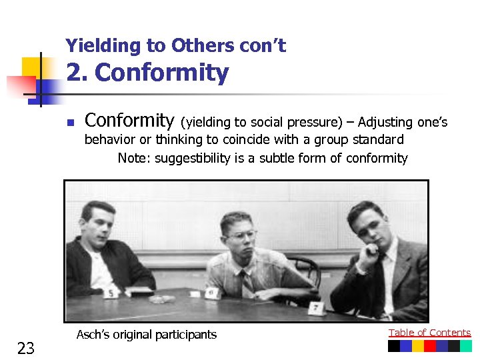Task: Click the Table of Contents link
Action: [x=429, y=333]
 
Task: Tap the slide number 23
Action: [x=26, y=348]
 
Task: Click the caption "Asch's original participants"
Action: [x=147, y=335]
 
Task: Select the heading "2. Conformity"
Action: [x=148, y=73]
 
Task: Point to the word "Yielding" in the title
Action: [x=103, y=45]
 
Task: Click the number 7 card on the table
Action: [x=315, y=308]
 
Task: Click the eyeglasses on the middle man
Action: [x=241, y=235]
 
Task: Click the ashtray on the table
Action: [x=158, y=299]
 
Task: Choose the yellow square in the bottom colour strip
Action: [x=418, y=346]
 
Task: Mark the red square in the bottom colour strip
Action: [x=430, y=346]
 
